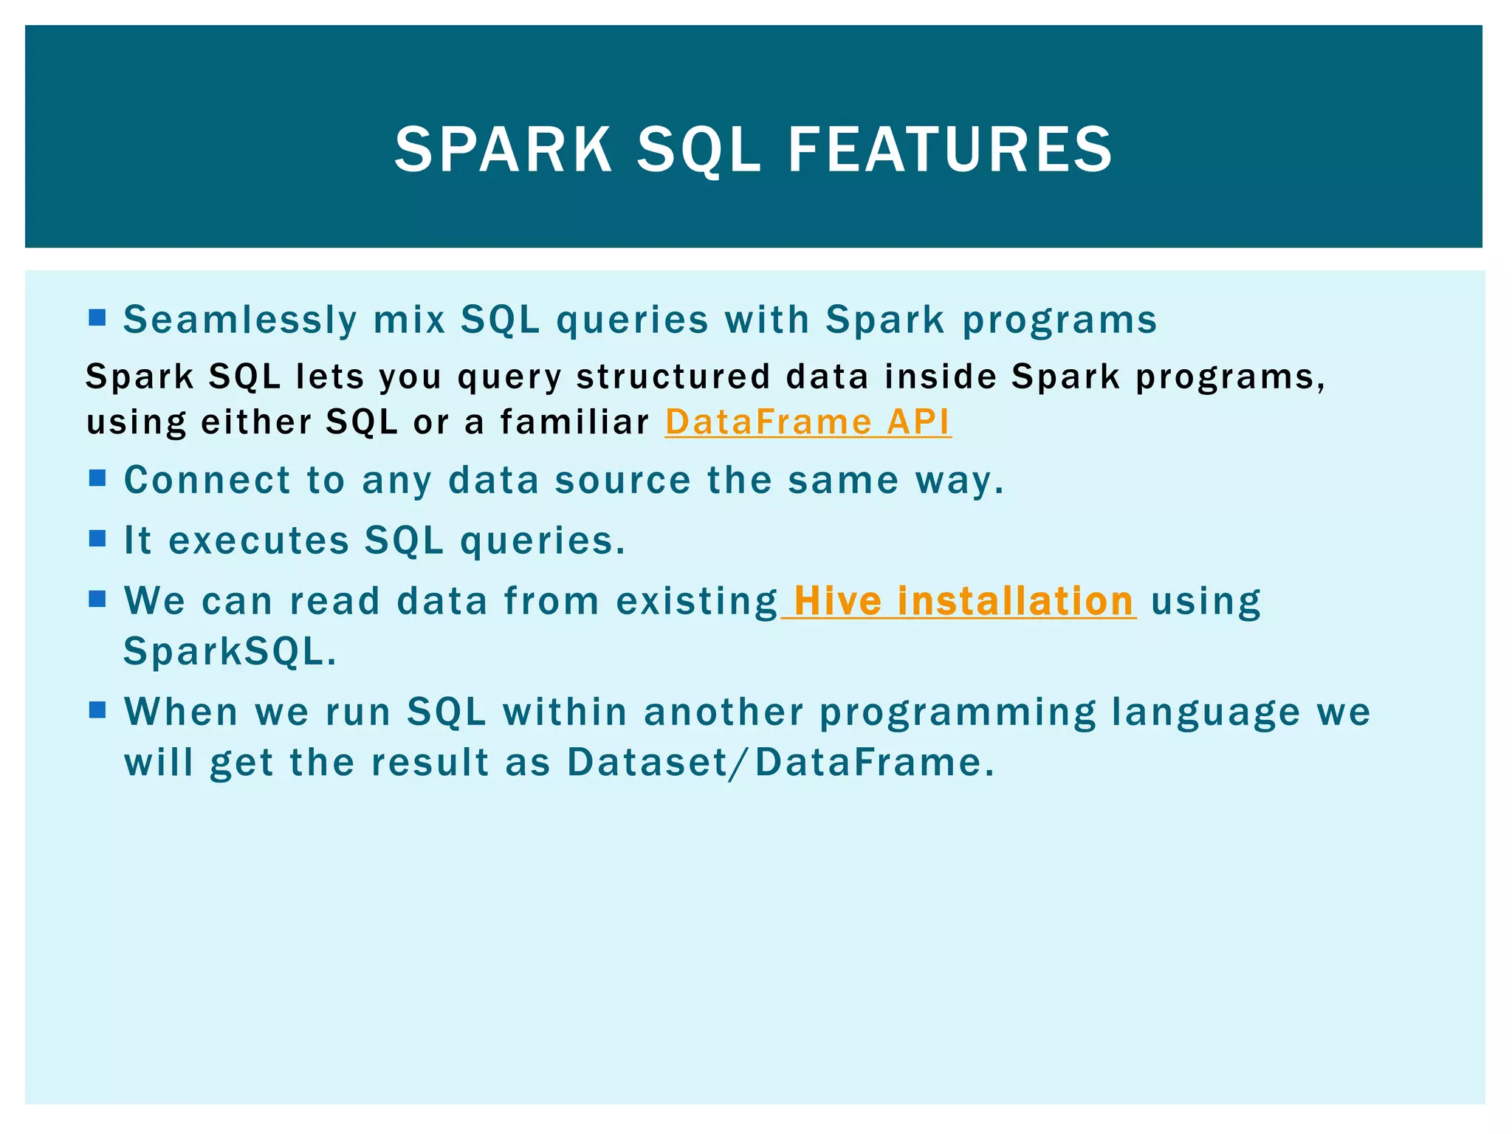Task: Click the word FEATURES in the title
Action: tap(950, 150)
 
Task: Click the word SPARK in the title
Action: tap(504, 150)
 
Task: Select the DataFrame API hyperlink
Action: tap(808, 422)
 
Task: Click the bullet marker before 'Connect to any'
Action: tap(97, 478)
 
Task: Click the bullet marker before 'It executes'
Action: tap(97, 538)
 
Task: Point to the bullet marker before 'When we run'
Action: tap(97, 710)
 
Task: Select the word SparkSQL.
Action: tap(230, 652)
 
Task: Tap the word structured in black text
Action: tap(673, 377)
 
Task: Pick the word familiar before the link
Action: tap(574, 422)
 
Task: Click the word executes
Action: tap(259, 540)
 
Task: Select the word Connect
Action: tap(208, 480)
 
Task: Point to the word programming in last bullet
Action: tap(958, 713)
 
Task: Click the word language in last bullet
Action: tap(1206, 713)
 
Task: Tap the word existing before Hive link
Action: tap(696, 601)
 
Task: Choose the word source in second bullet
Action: tap(622, 481)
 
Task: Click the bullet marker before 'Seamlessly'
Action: tap(97, 318)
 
